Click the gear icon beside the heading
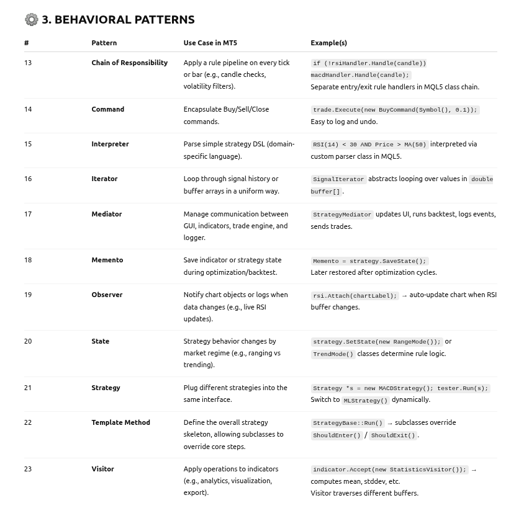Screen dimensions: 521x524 coord(31,19)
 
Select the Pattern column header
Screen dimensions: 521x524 coord(104,43)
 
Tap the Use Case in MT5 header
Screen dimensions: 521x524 coord(210,43)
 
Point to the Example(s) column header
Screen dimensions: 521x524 coord(328,43)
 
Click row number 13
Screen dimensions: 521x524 coord(28,63)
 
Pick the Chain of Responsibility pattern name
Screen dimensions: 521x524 coord(129,63)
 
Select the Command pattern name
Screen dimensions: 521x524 coord(107,109)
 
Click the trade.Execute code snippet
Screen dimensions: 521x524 coord(395,110)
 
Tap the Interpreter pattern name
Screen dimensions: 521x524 coord(110,144)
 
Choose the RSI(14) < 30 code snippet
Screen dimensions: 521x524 coord(369,145)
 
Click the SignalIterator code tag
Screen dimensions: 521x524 coord(338,179)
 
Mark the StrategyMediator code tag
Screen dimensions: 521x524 coord(341,215)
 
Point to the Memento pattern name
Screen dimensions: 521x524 coord(107,260)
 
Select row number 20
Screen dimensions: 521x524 coord(28,341)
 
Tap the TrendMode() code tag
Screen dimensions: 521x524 coord(333,354)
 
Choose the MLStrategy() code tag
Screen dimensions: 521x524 coord(366,400)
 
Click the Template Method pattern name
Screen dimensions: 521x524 coord(120,422)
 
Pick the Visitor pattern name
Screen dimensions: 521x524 coord(102,469)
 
